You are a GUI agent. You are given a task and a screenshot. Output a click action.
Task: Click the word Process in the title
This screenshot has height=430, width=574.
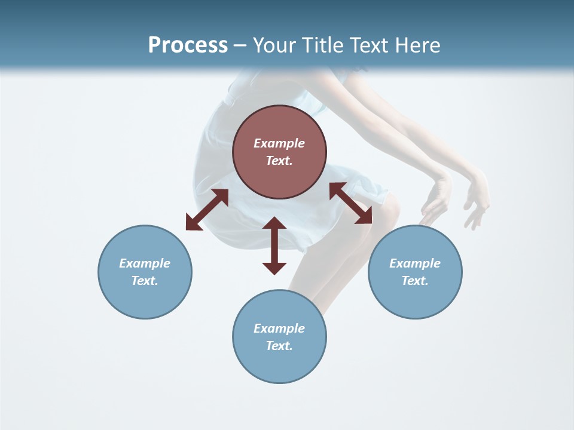(188, 45)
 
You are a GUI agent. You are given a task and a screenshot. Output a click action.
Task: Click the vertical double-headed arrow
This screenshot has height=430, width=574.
(274, 245)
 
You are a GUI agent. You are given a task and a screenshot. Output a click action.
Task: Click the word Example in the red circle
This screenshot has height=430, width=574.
(279, 143)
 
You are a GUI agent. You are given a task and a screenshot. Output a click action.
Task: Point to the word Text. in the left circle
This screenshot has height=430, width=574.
(145, 281)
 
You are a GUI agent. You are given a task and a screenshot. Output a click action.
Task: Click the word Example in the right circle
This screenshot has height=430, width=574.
(415, 263)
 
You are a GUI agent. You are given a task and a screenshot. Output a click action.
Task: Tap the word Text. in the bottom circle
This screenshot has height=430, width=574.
(279, 346)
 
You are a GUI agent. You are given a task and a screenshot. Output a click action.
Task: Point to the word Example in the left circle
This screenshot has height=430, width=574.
(145, 263)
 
